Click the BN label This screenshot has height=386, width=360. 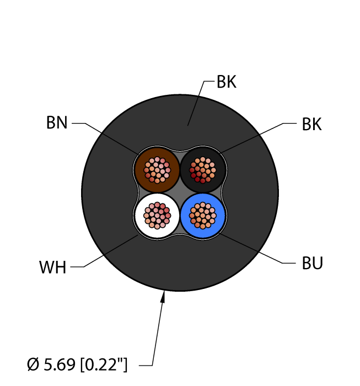pyautogui.click(x=57, y=122)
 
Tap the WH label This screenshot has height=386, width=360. pyautogui.click(x=53, y=267)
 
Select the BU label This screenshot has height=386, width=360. pyautogui.click(x=312, y=263)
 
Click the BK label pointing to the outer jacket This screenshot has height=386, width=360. pyautogui.click(x=227, y=82)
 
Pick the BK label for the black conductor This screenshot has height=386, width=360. pyautogui.click(x=311, y=124)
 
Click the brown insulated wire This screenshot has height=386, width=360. pyautogui.click(x=157, y=170)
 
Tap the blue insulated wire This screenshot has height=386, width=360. pyautogui.click(x=203, y=216)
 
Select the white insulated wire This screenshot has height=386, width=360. pyautogui.click(x=157, y=216)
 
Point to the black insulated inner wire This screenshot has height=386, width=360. pyautogui.click(x=203, y=170)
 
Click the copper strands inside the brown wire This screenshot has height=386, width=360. pyautogui.click(x=157, y=170)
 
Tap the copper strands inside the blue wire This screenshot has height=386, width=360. pyautogui.click(x=203, y=216)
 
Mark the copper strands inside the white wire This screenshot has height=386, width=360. pyautogui.click(x=157, y=216)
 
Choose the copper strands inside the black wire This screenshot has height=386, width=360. pyautogui.click(x=203, y=170)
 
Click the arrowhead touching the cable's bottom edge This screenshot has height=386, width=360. pyautogui.click(x=163, y=297)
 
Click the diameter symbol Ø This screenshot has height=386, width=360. pyautogui.click(x=33, y=364)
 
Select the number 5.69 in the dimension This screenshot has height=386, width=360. pyautogui.click(x=60, y=364)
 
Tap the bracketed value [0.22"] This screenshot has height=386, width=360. pyautogui.click(x=104, y=364)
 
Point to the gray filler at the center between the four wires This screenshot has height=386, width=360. pyautogui.click(x=180, y=193)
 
